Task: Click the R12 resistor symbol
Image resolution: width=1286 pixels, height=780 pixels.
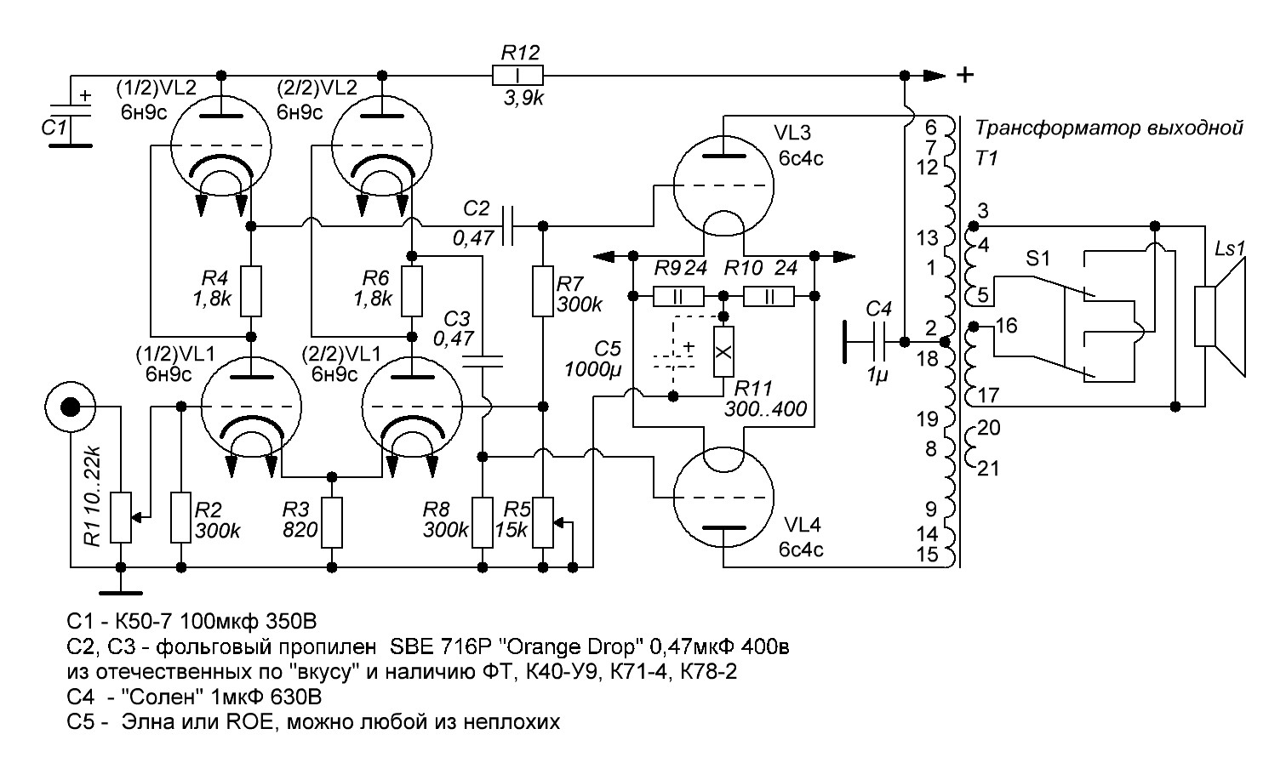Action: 517,75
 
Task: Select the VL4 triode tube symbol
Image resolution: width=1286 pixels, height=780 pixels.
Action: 723,498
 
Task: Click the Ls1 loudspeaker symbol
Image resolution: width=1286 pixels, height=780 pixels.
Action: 1219,316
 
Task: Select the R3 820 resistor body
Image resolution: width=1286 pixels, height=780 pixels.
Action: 331,522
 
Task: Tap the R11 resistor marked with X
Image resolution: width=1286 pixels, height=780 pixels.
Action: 723,350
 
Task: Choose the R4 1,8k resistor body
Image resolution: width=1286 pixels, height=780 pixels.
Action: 251,291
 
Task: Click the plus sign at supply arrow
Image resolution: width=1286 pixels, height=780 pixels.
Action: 965,75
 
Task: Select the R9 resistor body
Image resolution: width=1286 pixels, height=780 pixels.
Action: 678,296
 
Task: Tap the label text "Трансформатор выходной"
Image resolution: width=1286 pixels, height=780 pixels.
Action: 1109,129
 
